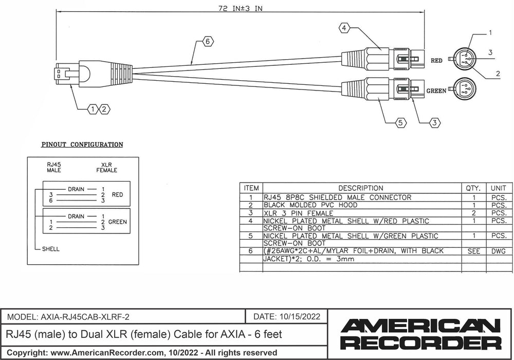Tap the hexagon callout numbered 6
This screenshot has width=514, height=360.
(207, 43)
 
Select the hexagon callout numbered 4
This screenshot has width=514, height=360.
(344, 28)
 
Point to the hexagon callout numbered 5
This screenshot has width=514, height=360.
(401, 122)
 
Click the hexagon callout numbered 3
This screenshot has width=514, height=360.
(435, 122)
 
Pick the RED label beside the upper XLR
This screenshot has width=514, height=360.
(436, 61)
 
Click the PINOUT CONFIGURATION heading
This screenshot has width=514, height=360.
(82, 145)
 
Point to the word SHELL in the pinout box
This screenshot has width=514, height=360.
(51, 249)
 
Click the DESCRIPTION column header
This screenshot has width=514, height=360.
(360, 188)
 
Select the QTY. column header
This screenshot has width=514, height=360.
(473, 188)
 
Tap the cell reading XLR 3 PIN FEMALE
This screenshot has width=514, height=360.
(298, 213)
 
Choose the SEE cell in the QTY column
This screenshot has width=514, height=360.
(473, 251)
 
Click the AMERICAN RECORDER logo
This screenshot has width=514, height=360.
(421, 334)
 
